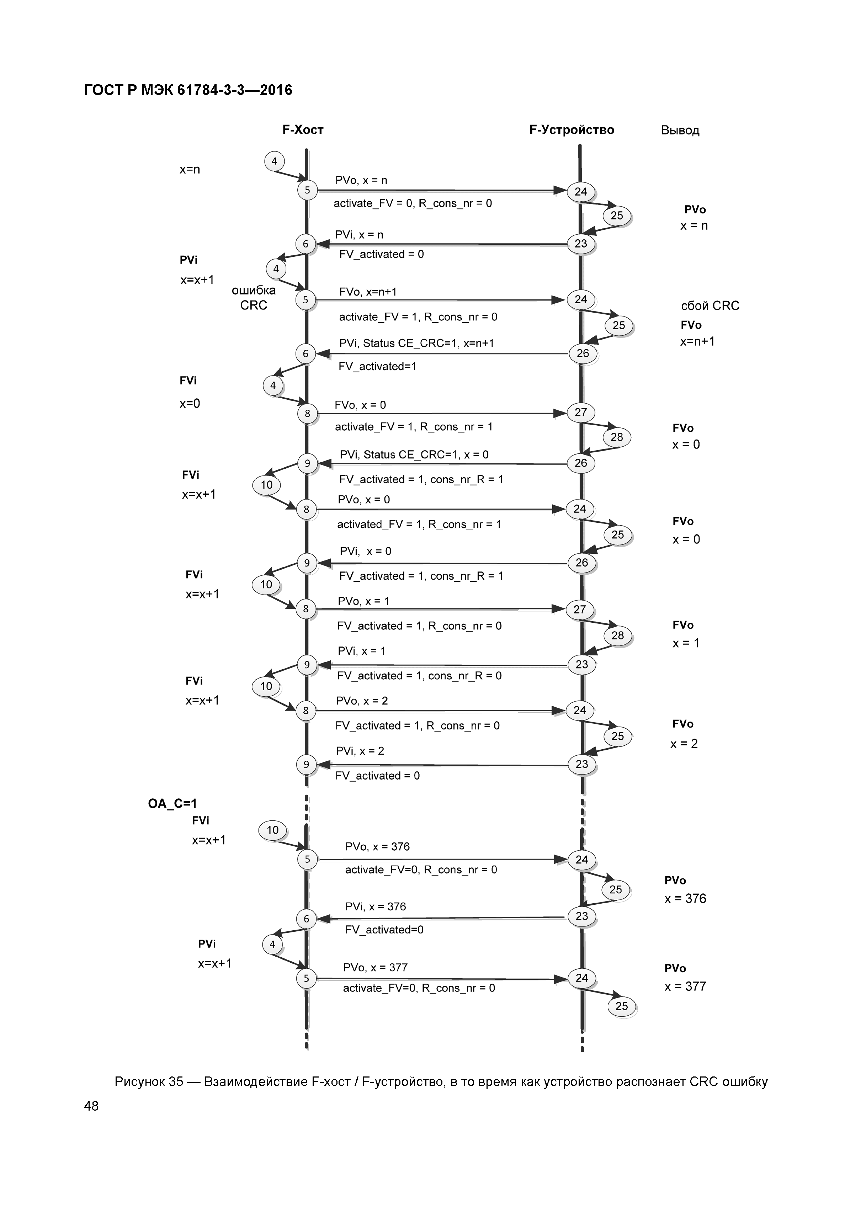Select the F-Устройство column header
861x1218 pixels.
[572, 130]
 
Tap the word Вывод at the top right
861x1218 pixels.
[680, 131]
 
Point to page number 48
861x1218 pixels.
[91, 1106]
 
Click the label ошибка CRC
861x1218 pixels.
[254, 298]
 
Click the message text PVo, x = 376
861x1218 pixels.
[377, 847]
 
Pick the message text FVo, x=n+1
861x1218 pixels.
[368, 292]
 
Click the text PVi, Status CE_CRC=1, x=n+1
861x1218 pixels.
[416, 343]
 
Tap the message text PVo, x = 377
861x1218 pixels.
[375, 968]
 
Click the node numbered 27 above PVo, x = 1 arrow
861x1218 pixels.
[579, 610]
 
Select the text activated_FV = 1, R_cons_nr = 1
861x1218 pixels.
[419, 524]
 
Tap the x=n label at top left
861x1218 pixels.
[190, 170]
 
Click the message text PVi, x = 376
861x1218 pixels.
[375, 906]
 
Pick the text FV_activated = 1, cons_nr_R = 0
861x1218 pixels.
[419, 675]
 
